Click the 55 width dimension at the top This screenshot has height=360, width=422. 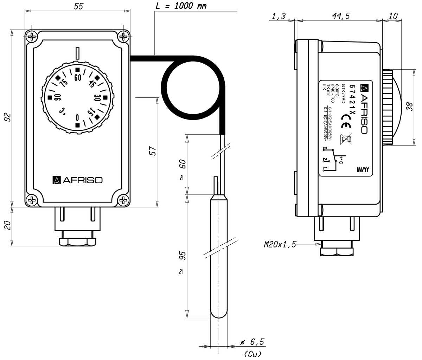coord(78,6)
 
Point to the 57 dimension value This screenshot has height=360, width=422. coord(152,151)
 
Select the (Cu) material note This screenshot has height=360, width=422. coord(252,354)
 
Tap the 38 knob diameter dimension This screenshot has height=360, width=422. coord(409,107)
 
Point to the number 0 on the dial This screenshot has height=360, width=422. coord(77,117)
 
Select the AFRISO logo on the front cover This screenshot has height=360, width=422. coord(77,180)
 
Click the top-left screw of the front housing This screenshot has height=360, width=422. coord(32,37)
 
